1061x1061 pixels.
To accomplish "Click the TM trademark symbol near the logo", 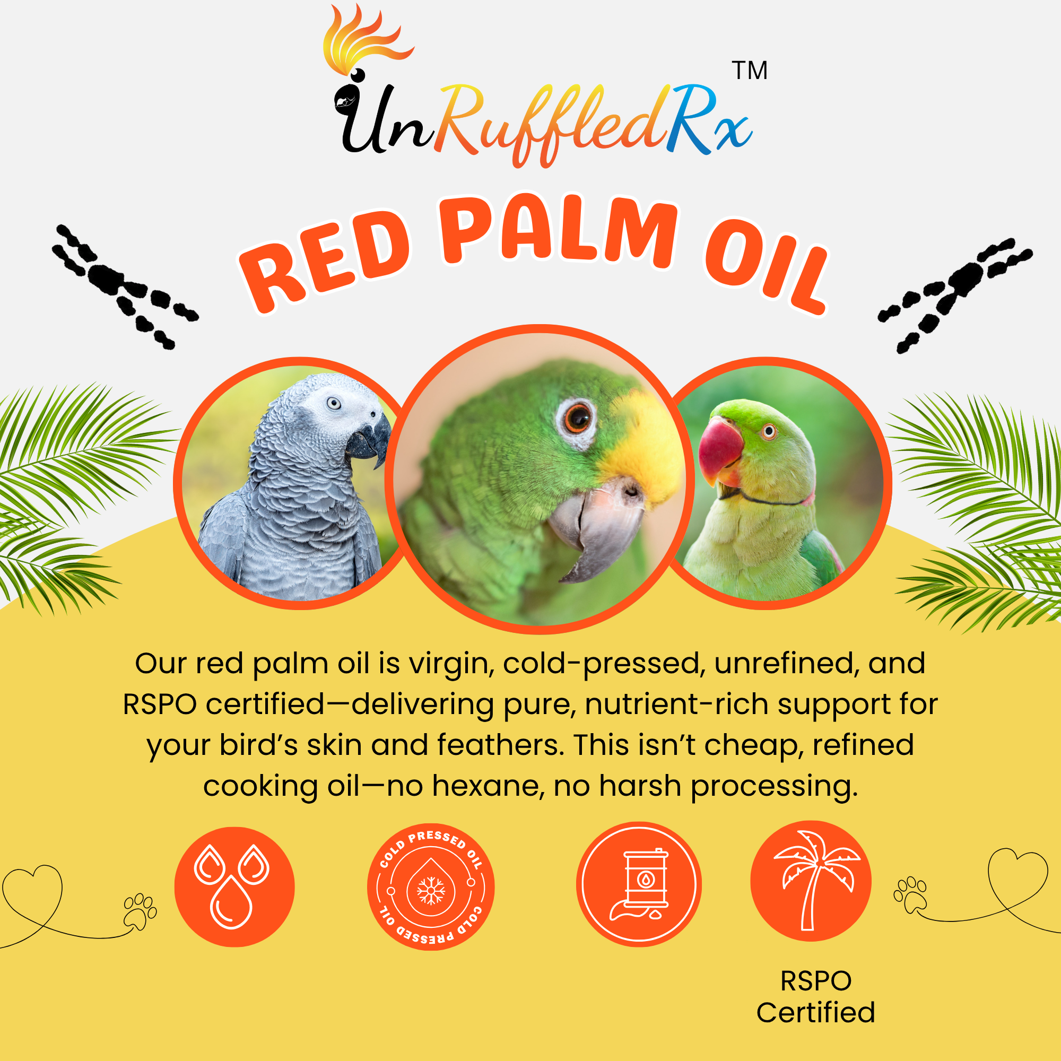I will click(749, 71).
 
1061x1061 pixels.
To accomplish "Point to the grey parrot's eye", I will click(333, 404).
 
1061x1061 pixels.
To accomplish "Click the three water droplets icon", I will click(234, 887).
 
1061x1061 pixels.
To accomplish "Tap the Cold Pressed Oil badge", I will click(431, 887).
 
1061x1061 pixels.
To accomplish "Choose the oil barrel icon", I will click(639, 884).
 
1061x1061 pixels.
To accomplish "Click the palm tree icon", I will click(811, 881).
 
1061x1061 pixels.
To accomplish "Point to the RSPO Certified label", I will click(815, 997).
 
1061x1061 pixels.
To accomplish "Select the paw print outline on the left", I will click(141, 911).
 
